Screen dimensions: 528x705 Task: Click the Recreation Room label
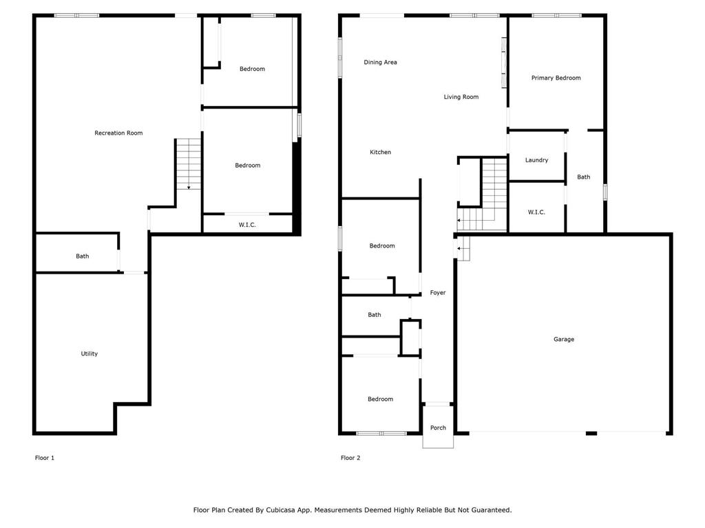[x=118, y=133]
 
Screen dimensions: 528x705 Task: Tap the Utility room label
[x=90, y=353]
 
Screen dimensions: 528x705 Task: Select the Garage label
[x=564, y=339]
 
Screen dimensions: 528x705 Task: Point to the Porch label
[x=438, y=428]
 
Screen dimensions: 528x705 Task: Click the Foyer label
[x=438, y=293]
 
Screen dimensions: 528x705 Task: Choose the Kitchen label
[x=381, y=152]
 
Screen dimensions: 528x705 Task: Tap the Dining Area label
[x=381, y=63]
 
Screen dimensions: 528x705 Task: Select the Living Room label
[x=461, y=97]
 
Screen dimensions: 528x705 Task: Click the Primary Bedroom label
[x=556, y=78]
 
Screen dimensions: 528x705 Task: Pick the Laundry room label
[x=537, y=160]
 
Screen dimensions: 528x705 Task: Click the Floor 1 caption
[x=45, y=458]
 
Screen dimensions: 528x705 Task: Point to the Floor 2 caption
[x=350, y=458]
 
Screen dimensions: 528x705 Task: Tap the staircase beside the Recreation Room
[x=189, y=164]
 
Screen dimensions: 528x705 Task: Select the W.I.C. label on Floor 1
[x=248, y=225]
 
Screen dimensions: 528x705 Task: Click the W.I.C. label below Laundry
[x=537, y=212]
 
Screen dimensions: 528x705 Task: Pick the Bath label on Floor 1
[x=83, y=256]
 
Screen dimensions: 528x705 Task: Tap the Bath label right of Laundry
[x=584, y=177]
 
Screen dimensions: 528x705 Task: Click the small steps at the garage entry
[x=463, y=248]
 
